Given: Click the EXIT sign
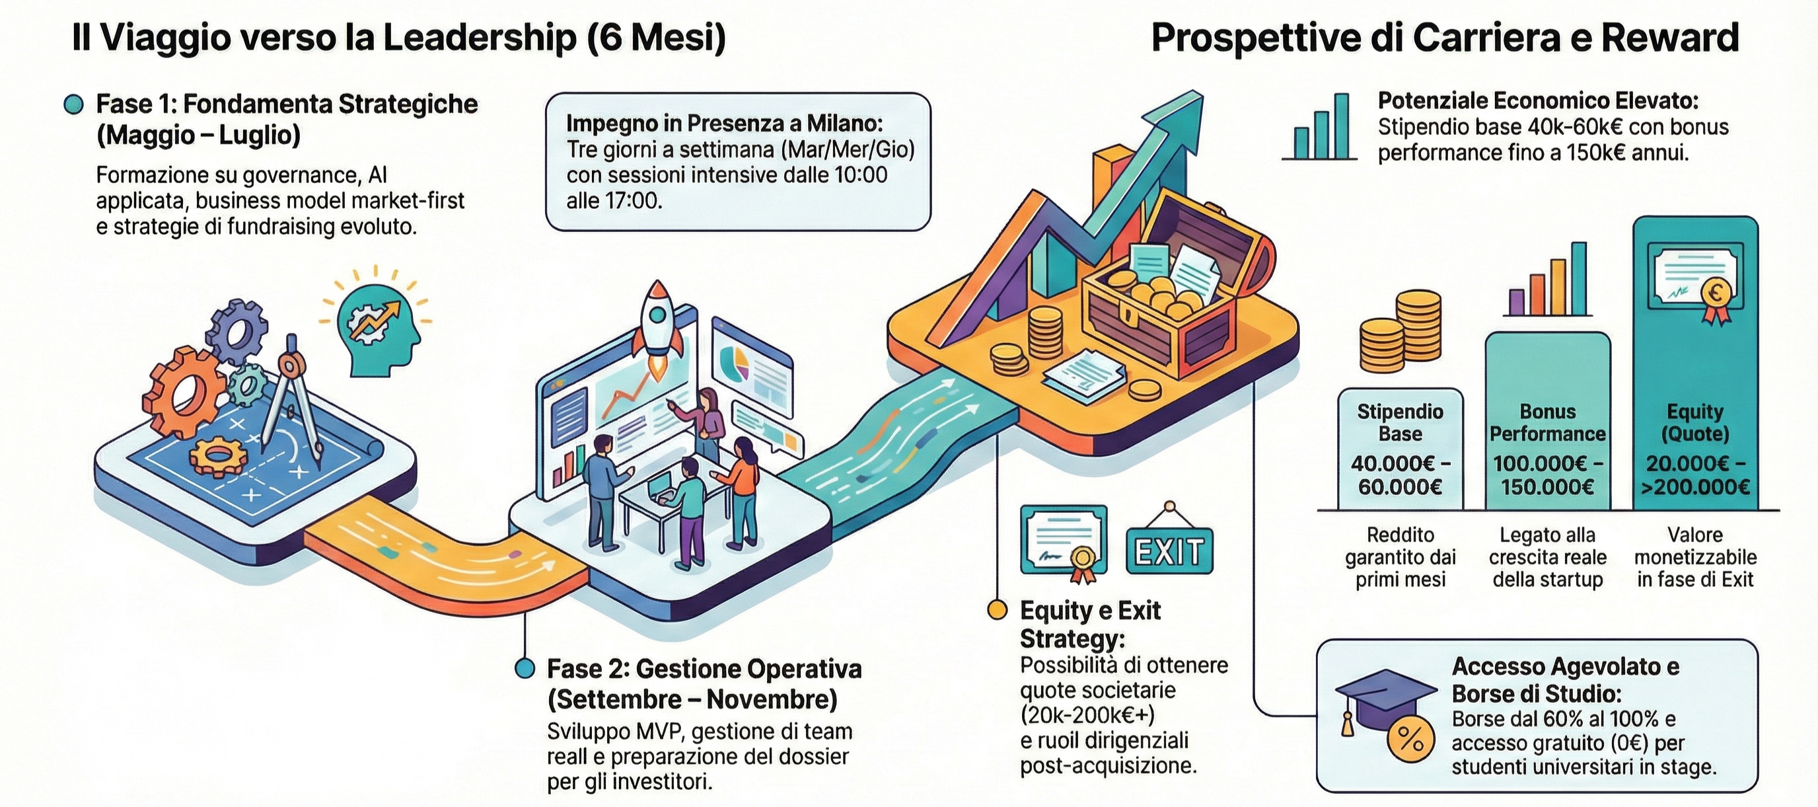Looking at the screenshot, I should click(x=1169, y=551).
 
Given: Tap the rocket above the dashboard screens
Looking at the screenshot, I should click(x=658, y=321).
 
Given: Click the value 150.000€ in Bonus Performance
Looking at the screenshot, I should click(x=1548, y=487).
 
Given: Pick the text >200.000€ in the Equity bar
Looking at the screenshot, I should click(x=1695, y=487).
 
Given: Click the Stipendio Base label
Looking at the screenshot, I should click(x=1400, y=422).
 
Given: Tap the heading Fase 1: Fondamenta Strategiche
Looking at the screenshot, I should click(x=287, y=104).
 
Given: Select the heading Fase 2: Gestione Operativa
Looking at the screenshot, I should click(x=704, y=669).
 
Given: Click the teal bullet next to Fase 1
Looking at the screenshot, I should click(x=73, y=104).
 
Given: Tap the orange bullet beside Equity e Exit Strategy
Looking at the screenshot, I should click(x=996, y=610).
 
